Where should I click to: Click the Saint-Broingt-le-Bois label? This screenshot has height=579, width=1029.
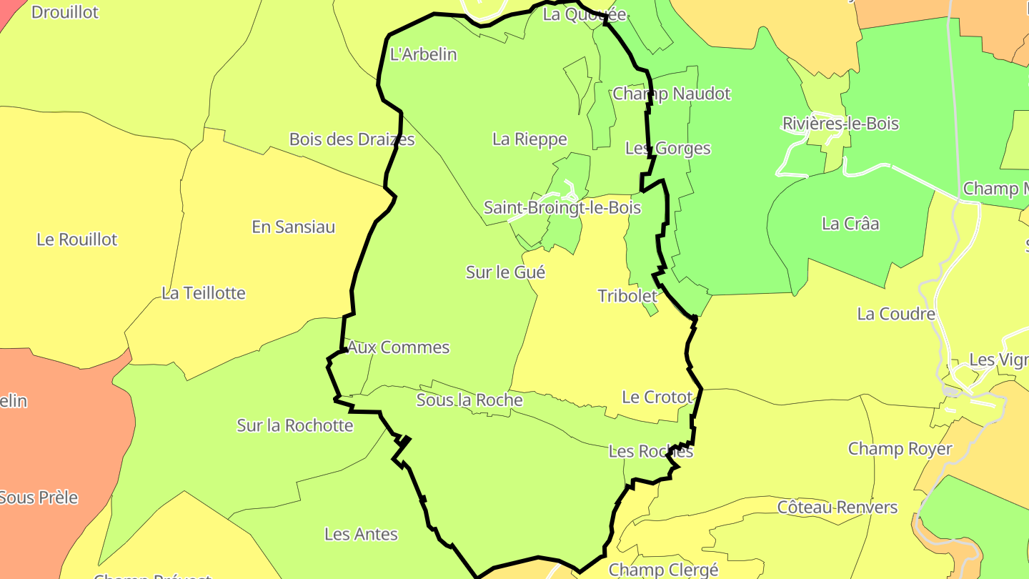pyautogui.click(x=562, y=208)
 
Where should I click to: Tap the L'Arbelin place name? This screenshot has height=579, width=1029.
pyautogui.click(x=423, y=54)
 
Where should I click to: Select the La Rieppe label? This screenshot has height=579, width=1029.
pyautogui.click(x=530, y=139)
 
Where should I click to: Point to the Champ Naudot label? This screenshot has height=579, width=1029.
pyautogui.click(x=672, y=94)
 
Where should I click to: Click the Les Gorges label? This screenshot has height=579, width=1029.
pyautogui.click(x=667, y=149)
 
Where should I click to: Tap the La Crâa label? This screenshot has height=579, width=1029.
pyautogui.click(x=850, y=224)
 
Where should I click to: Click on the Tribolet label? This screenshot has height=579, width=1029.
pyautogui.click(x=627, y=296)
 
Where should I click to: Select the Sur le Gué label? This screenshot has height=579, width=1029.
pyautogui.click(x=505, y=272)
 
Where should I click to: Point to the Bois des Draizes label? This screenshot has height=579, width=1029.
pyautogui.click(x=352, y=139)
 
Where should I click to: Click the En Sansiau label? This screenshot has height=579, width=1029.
pyautogui.click(x=293, y=227)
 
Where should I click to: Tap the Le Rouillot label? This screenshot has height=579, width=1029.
pyautogui.click(x=76, y=239)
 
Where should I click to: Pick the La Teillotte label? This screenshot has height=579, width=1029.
pyautogui.click(x=204, y=293)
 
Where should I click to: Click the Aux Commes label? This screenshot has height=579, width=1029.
pyautogui.click(x=398, y=347)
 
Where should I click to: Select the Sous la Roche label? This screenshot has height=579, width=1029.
pyautogui.click(x=469, y=400)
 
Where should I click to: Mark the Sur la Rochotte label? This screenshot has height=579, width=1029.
pyautogui.click(x=295, y=426)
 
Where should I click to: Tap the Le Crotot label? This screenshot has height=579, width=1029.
pyautogui.click(x=657, y=397)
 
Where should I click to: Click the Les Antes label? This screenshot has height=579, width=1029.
pyautogui.click(x=361, y=534)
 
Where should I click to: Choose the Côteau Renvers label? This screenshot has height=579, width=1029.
pyautogui.click(x=837, y=508)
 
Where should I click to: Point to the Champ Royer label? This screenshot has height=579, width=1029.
pyautogui.click(x=900, y=449)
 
